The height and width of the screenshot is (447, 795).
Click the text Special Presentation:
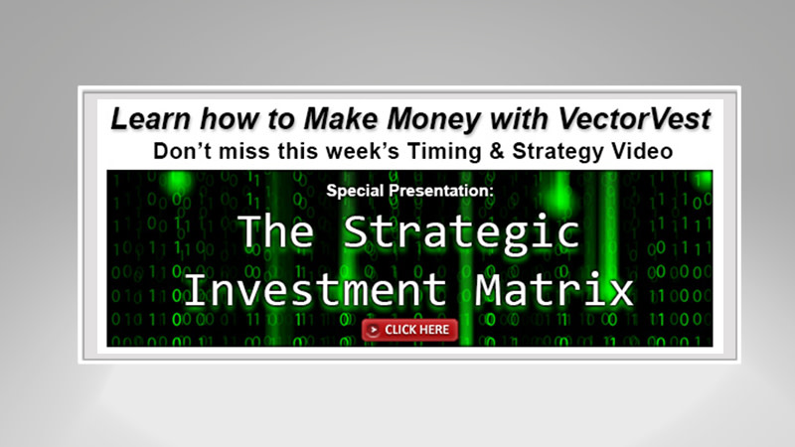[x=409, y=190]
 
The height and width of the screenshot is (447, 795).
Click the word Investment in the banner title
[x=315, y=290]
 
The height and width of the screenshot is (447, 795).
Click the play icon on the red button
[x=374, y=329]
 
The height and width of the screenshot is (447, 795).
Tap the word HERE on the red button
[x=433, y=329]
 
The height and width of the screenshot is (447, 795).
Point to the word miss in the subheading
[x=239, y=152]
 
